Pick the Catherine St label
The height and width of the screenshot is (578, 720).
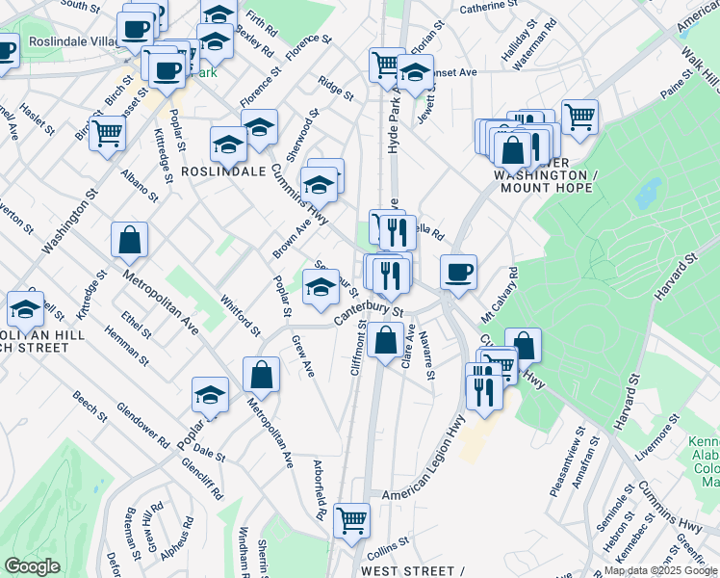(x=488, y=7)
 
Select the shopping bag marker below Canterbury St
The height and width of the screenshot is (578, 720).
(x=385, y=339)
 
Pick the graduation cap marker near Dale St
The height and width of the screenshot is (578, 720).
(x=209, y=394)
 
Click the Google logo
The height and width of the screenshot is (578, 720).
(x=34, y=566)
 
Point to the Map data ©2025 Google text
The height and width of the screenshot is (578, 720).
(x=660, y=570)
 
